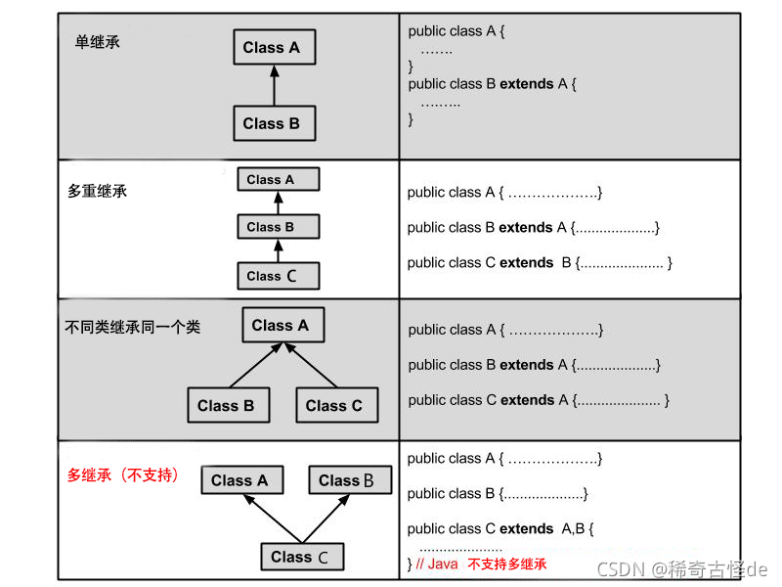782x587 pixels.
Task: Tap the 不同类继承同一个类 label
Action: click(132, 327)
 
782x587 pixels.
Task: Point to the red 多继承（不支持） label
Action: click(123, 475)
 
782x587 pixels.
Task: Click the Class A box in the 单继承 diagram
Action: click(273, 47)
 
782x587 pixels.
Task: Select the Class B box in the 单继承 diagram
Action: click(273, 123)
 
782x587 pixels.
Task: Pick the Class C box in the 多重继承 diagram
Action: click(278, 276)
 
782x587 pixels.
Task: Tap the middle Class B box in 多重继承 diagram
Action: click(278, 227)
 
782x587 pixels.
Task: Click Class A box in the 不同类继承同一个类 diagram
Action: click(282, 326)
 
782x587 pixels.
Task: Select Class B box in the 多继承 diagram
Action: click(349, 480)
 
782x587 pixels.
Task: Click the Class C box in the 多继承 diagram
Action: click(302, 557)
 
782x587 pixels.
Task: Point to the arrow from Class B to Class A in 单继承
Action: click(274, 85)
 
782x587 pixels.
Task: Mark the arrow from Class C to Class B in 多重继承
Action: click(278, 251)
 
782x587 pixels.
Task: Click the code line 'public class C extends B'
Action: click(539, 262)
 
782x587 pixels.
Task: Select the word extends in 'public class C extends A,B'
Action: click(526, 528)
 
